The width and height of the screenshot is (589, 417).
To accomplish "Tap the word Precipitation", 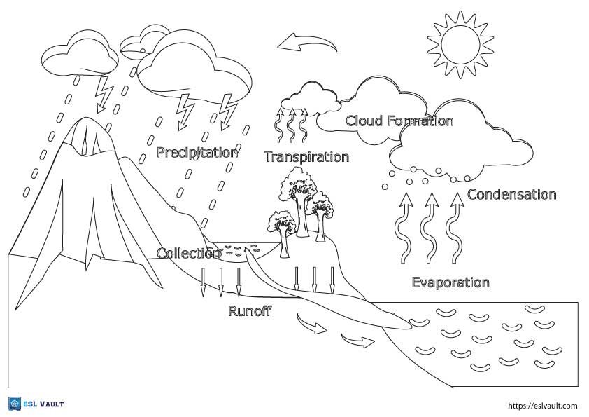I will (x=198, y=152).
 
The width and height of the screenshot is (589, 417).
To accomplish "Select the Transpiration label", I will (x=306, y=157).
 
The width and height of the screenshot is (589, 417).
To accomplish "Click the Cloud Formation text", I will (x=399, y=121).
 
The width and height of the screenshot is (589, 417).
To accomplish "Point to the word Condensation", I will (x=511, y=195).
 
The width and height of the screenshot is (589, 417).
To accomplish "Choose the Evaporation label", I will (x=450, y=283).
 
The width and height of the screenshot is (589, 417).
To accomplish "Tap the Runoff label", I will (x=250, y=311).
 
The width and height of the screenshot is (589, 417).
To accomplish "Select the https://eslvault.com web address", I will (x=541, y=405).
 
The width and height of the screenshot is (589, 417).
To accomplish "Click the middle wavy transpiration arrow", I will (x=292, y=125).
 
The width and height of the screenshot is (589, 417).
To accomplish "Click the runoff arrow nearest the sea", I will (x=357, y=341).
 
